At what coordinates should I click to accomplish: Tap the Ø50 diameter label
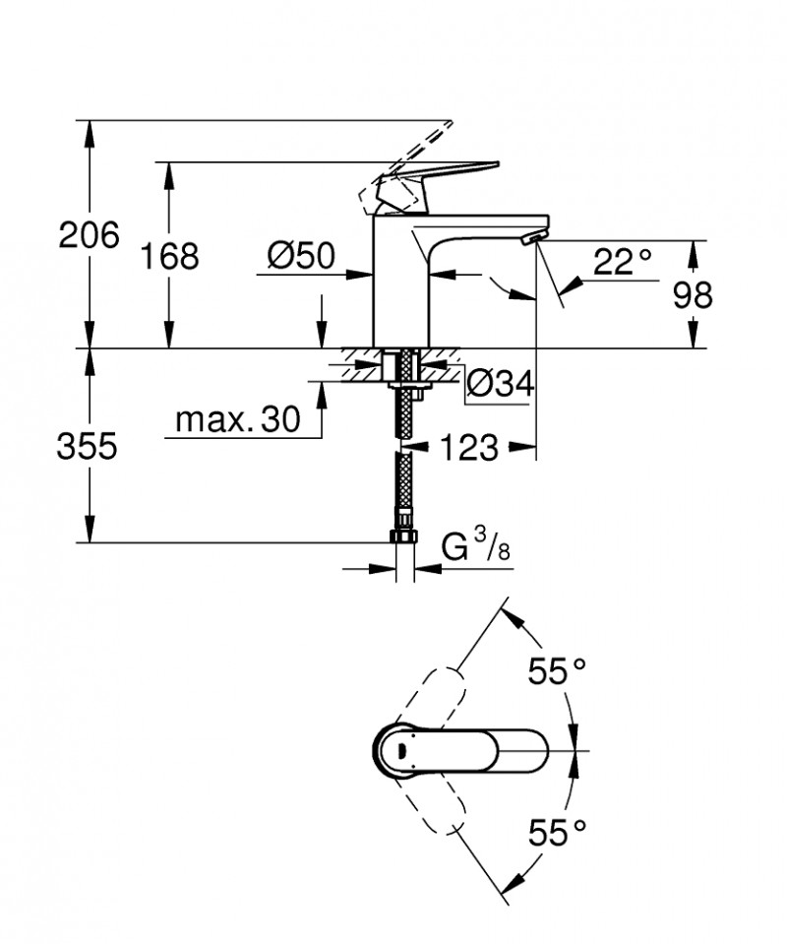[301, 256]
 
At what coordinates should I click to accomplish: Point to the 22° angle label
[623, 261]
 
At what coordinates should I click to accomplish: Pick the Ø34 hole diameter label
[499, 384]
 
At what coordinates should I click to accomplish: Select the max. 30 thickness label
[237, 420]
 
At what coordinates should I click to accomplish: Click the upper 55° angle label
[557, 672]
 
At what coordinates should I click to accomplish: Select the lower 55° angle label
[557, 835]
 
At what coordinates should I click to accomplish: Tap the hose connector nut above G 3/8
[403, 536]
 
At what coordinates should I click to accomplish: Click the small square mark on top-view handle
[398, 751]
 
